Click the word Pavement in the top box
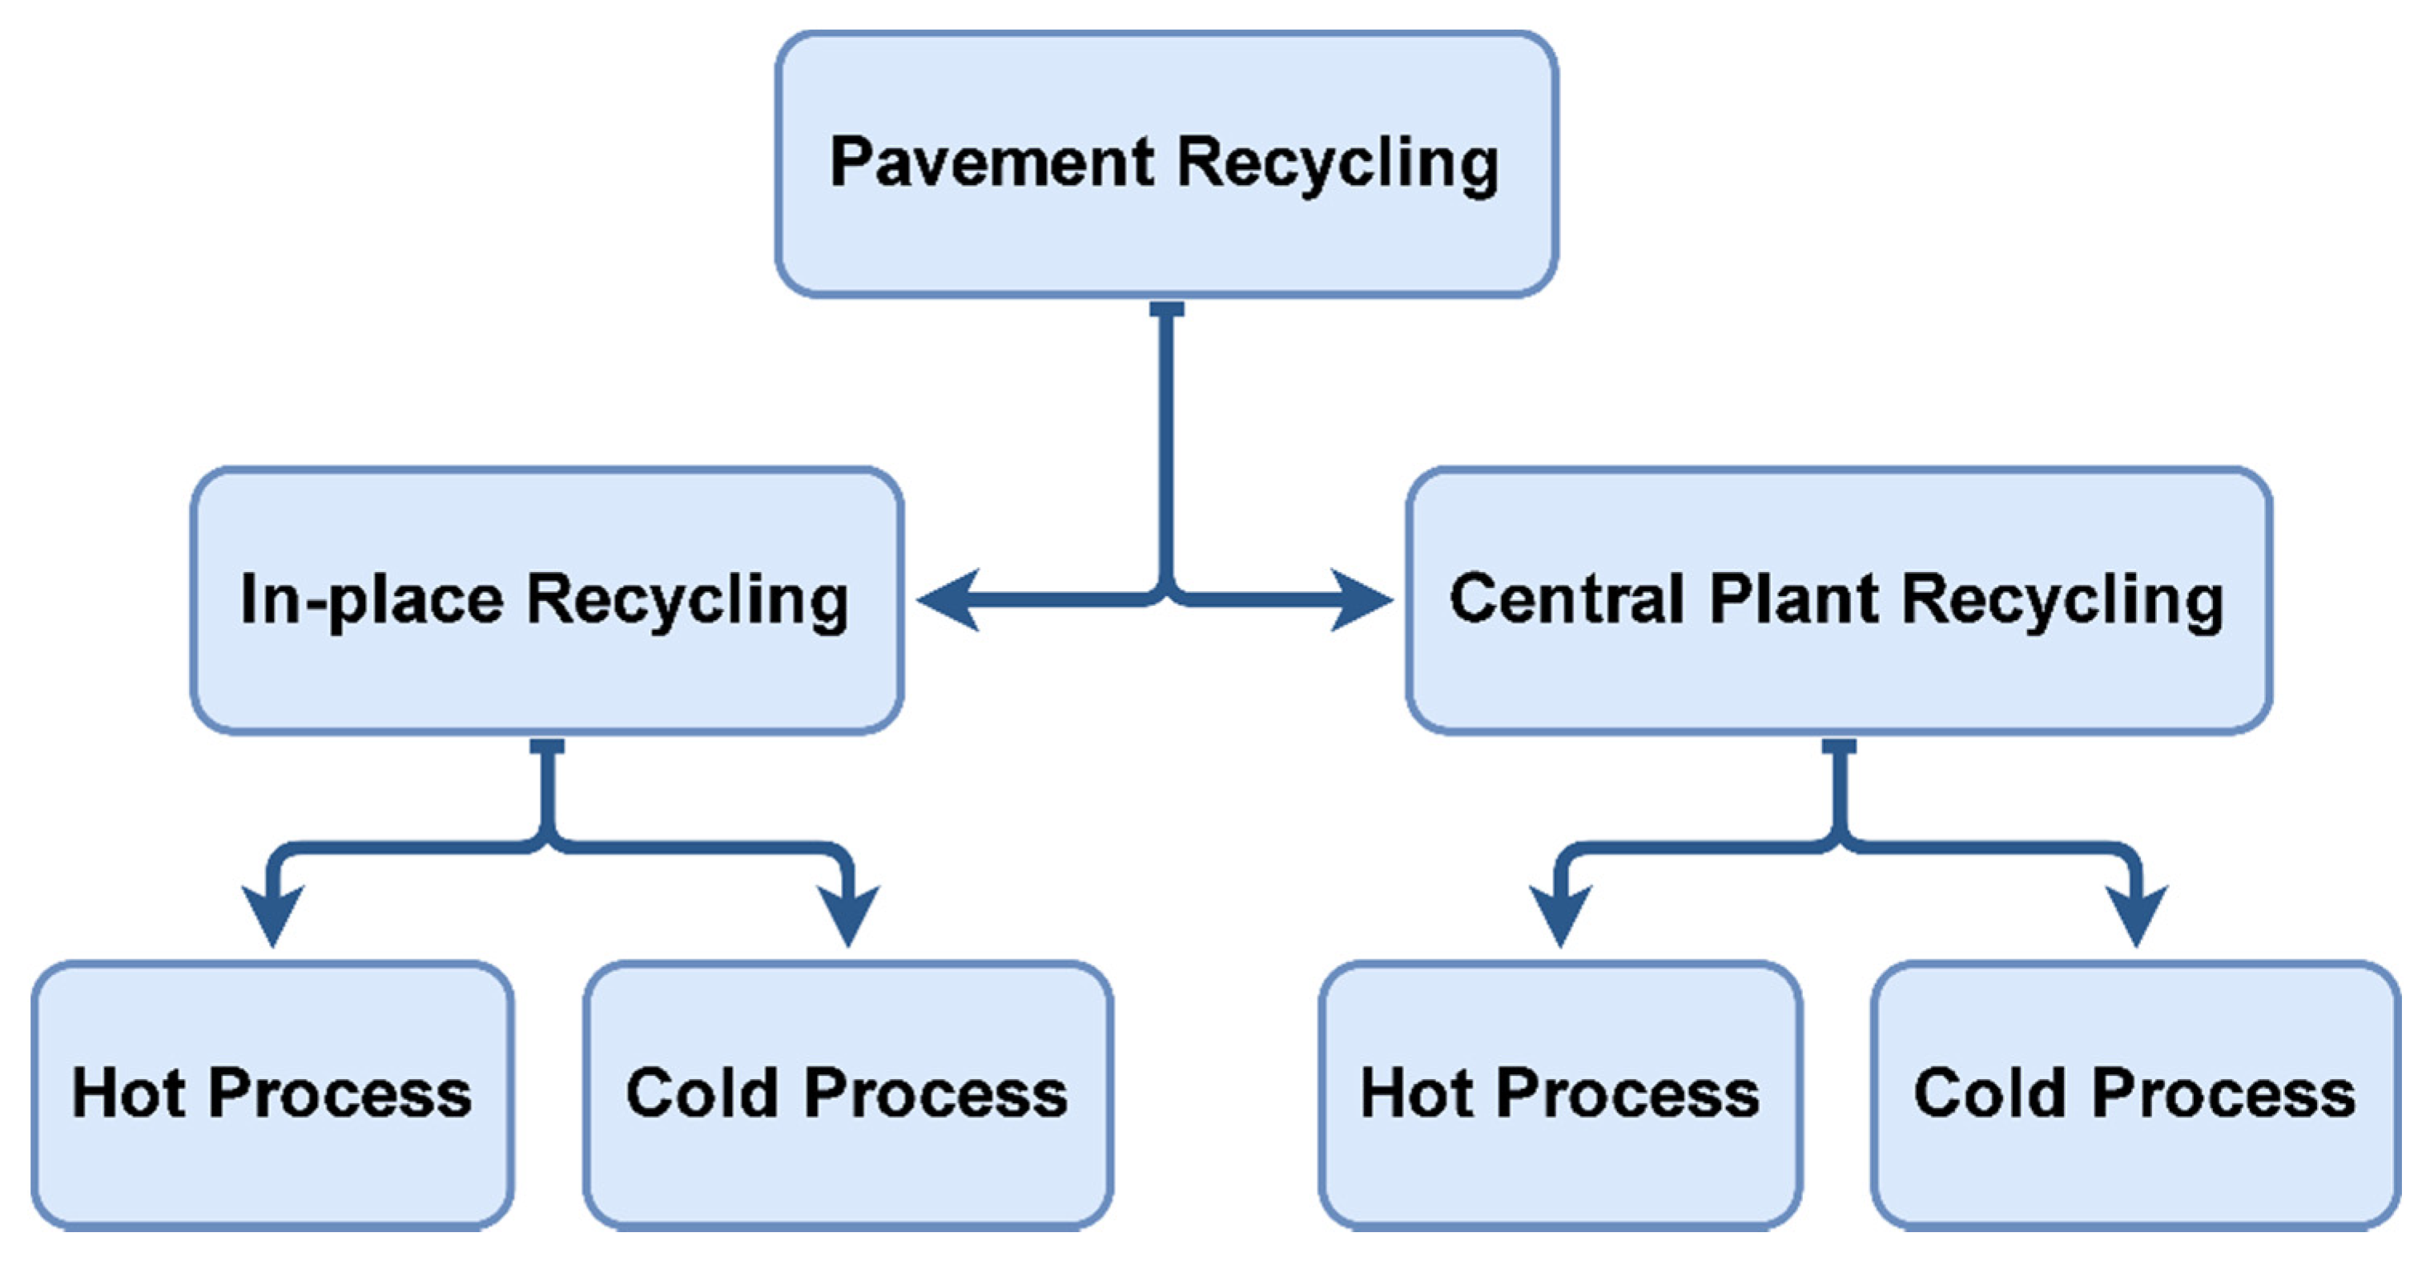(991, 163)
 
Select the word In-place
(372, 599)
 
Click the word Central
(1566, 599)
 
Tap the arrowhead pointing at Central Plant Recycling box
(1363, 599)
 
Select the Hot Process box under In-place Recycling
(272, 1094)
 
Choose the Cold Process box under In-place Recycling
(847, 1094)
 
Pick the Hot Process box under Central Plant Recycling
(1559, 1094)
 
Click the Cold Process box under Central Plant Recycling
(2134, 1094)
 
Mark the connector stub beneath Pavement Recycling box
(1167, 310)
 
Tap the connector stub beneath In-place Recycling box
(547, 747)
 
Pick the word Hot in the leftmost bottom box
(128, 1094)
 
